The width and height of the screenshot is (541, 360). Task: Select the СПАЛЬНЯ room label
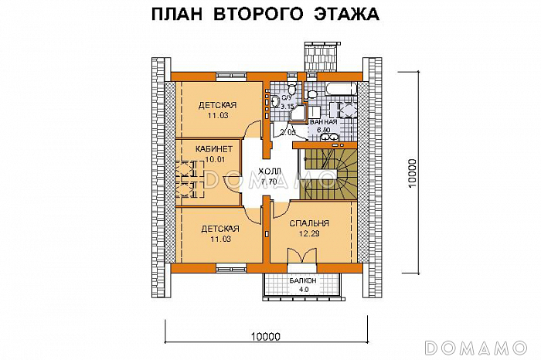(308, 224)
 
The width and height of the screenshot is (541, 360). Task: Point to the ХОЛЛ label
(270, 172)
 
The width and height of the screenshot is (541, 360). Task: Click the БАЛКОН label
(303, 281)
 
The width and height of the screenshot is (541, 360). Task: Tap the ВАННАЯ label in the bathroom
(323, 122)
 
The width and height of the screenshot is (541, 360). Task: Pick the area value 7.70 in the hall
(269, 182)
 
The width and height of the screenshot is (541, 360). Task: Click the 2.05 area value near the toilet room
(288, 133)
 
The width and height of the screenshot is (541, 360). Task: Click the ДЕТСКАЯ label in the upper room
(217, 106)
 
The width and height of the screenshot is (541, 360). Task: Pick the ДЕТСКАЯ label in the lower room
(219, 229)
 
